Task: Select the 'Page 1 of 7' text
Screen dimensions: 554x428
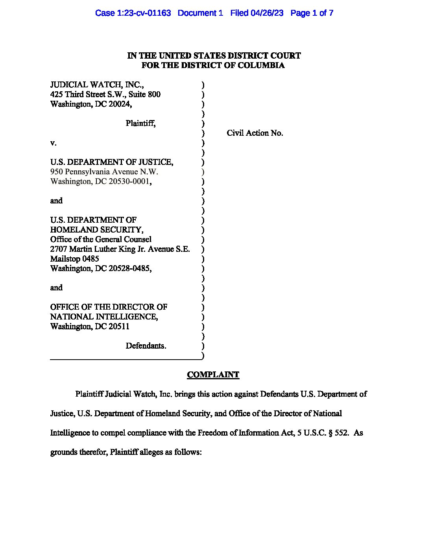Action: [x=312, y=13]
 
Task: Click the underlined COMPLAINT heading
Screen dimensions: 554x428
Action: [x=213, y=375]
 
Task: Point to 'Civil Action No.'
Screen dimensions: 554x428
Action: [x=255, y=133]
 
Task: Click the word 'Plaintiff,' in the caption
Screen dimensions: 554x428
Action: [x=140, y=123]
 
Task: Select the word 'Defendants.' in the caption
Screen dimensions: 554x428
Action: [x=146, y=345]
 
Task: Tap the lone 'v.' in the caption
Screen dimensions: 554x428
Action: [x=53, y=143]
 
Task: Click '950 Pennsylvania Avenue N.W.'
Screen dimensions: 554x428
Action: [x=104, y=172]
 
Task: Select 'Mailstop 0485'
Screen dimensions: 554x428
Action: [x=74, y=259]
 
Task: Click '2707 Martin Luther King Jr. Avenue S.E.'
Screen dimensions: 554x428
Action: [x=120, y=249]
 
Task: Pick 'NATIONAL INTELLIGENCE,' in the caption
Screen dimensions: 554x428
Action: [x=104, y=316]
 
